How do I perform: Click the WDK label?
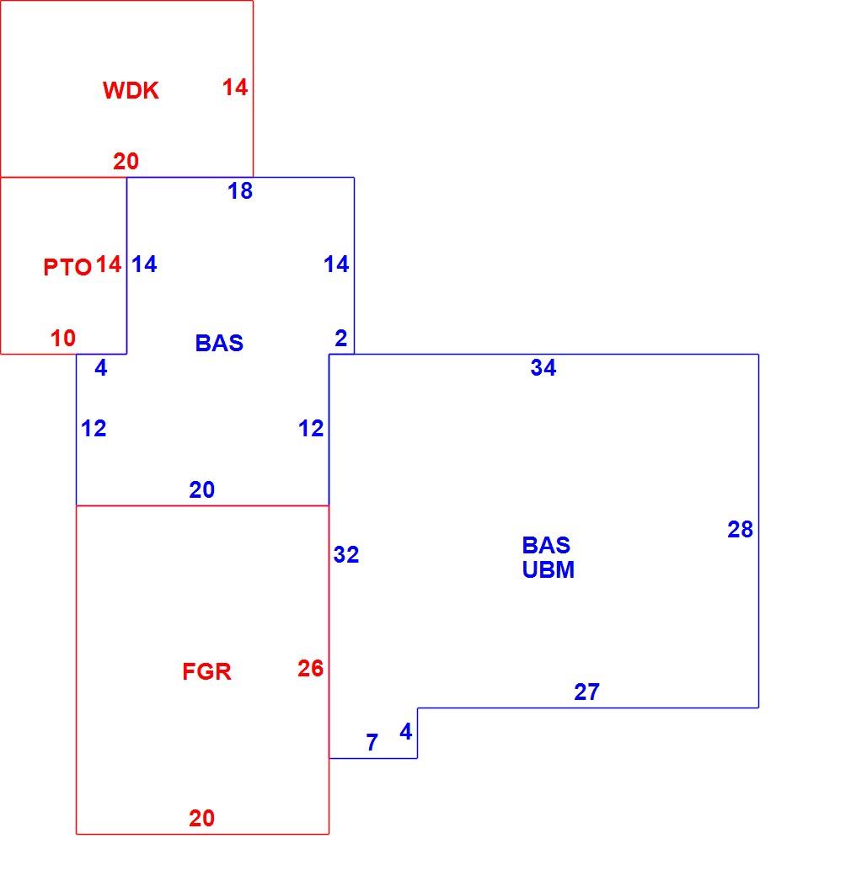click(131, 90)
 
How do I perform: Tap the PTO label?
click(67, 267)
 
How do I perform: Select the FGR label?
click(206, 671)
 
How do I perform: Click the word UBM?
click(549, 569)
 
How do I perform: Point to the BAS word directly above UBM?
click(546, 545)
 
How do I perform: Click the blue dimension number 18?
click(240, 191)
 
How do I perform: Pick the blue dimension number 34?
click(543, 367)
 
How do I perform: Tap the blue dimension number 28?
click(740, 529)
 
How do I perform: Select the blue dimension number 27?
click(586, 692)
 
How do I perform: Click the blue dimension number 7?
click(372, 742)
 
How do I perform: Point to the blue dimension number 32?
click(345, 554)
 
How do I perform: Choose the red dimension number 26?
click(310, 668)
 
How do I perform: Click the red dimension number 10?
click(62, 338)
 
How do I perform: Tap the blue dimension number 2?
click(341, 338)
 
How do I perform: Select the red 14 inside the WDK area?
click(235, 87)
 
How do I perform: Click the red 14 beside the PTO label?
click(109, 264)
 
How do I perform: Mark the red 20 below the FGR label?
click(201, 819)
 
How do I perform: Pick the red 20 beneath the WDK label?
click(126, 162)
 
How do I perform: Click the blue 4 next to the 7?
click(405, 731)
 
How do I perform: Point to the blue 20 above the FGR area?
click(201, 490)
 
